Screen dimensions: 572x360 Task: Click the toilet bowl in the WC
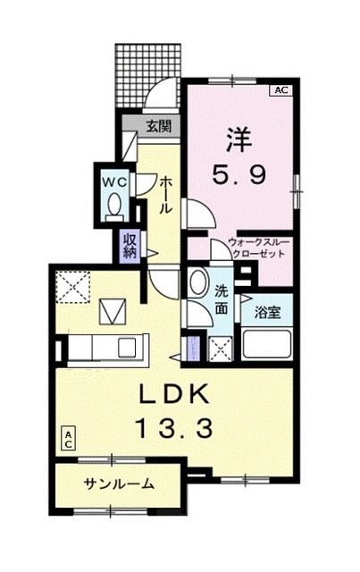pos(114,207)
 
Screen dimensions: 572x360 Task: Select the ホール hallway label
pos(166,193)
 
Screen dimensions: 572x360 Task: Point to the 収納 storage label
pos(130,243)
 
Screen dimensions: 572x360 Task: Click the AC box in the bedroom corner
pos(280,89)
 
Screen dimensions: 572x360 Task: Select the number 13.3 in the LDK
pos(174,428)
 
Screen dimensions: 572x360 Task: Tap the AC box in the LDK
pos(67,438)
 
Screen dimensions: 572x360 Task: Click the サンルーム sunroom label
pos(119,484)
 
